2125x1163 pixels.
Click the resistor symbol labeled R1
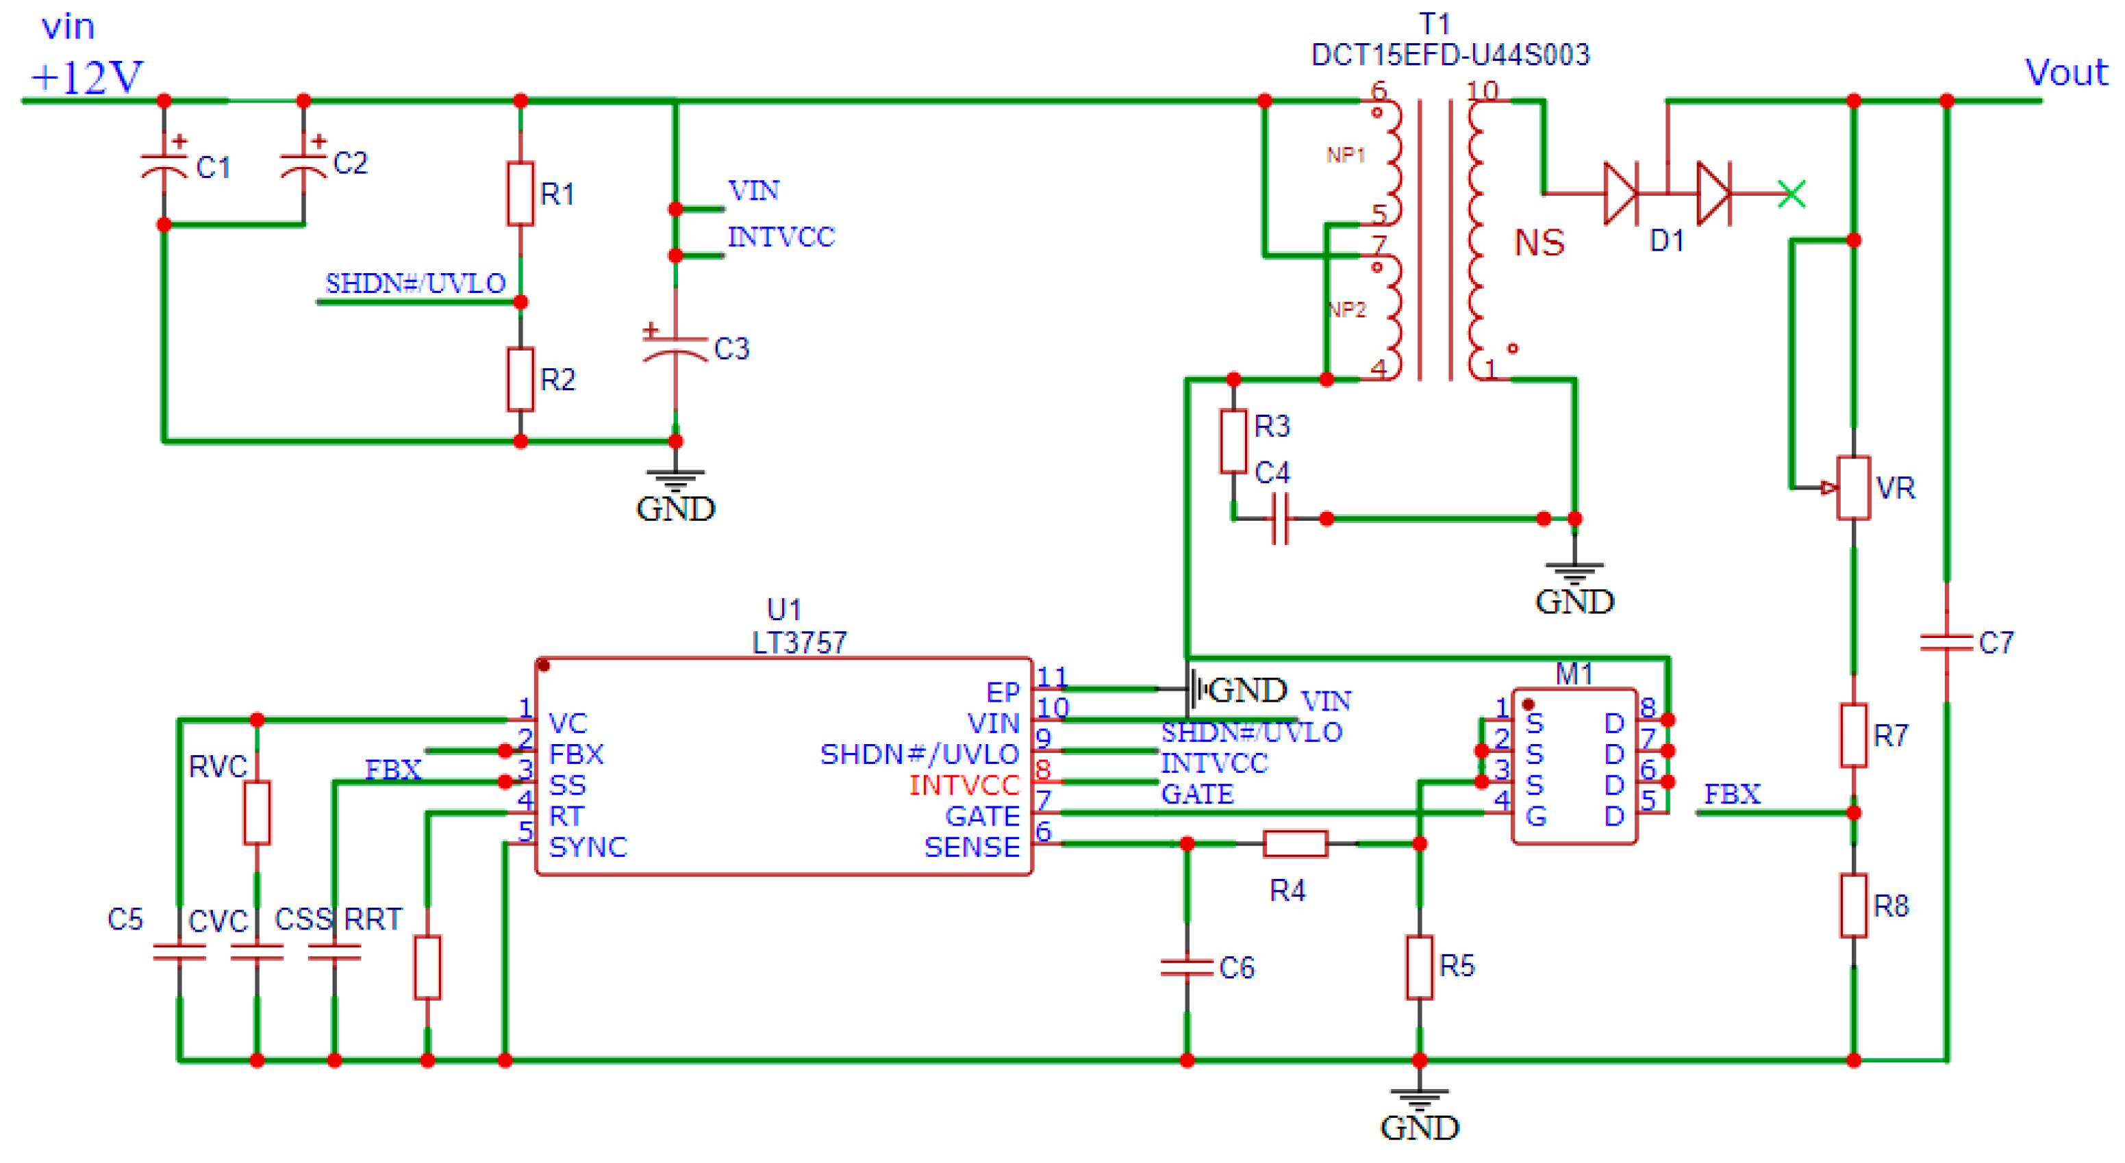tap(520, 194)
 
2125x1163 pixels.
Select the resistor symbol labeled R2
tap(520, 379)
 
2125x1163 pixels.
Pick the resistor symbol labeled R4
tap(1295, 843)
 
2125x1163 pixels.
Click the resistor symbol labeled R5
tap(1419, 967)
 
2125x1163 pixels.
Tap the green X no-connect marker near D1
tap(1791, 194)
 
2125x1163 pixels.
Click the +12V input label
tap(86, 77)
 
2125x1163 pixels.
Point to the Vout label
tap(2065, 73)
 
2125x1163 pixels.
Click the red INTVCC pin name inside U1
tap(964, 784)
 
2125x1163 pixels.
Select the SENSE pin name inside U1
tap(971, 847)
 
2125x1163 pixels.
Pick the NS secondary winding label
tap(1539, 242)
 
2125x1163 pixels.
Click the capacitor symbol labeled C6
tap(1186, 967)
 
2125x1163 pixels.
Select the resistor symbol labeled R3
tap(1233, 442)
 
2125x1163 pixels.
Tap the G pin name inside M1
tap(1535, 817)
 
